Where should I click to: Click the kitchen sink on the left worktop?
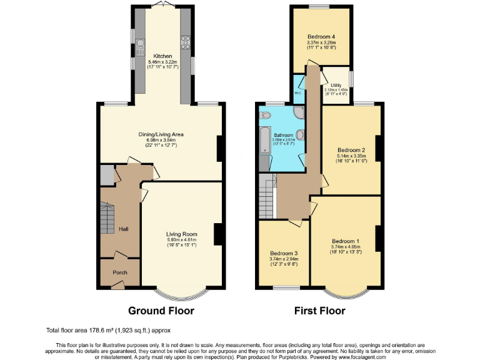point(139,43)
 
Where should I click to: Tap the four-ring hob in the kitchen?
point(186,42)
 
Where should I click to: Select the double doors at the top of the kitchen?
point(162,6)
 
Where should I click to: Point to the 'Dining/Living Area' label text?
point(161,134)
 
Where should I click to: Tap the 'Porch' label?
point(119,272)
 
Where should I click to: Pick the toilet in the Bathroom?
point(265,115)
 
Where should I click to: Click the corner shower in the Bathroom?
point(298,112)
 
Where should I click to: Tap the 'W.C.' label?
point(298,93)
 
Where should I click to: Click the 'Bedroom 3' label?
point(283,253)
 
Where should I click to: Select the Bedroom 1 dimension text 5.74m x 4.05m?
point(346,247)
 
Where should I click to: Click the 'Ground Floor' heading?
point(161,311)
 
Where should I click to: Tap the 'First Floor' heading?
point(319,311)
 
